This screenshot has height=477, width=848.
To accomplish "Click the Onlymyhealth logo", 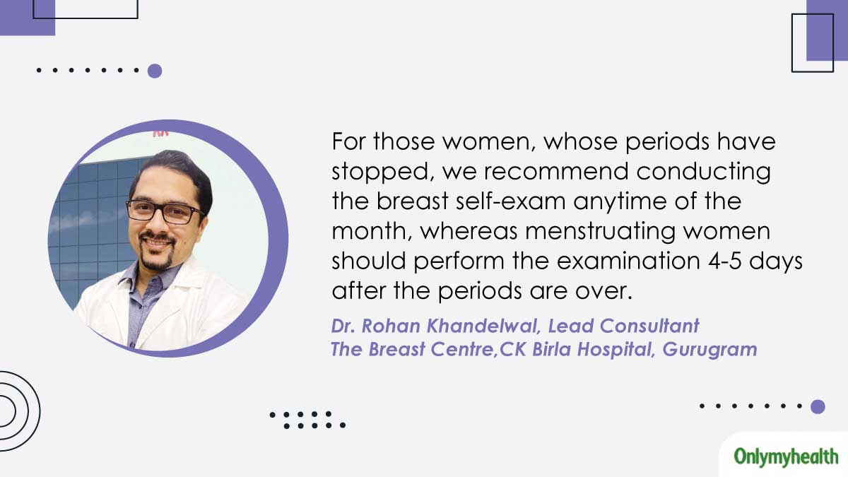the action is pos(786,457).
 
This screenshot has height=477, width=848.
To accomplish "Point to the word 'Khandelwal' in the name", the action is pos(484,326).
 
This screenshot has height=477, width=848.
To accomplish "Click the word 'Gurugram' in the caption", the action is pos(709,350).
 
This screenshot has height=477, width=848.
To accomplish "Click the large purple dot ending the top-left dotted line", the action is pos(155,71).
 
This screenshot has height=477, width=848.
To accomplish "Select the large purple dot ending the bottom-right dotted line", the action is pos(818,406).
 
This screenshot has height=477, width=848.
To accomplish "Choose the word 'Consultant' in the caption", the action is pos(649,326).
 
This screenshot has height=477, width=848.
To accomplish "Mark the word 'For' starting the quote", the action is pos(348,141).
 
